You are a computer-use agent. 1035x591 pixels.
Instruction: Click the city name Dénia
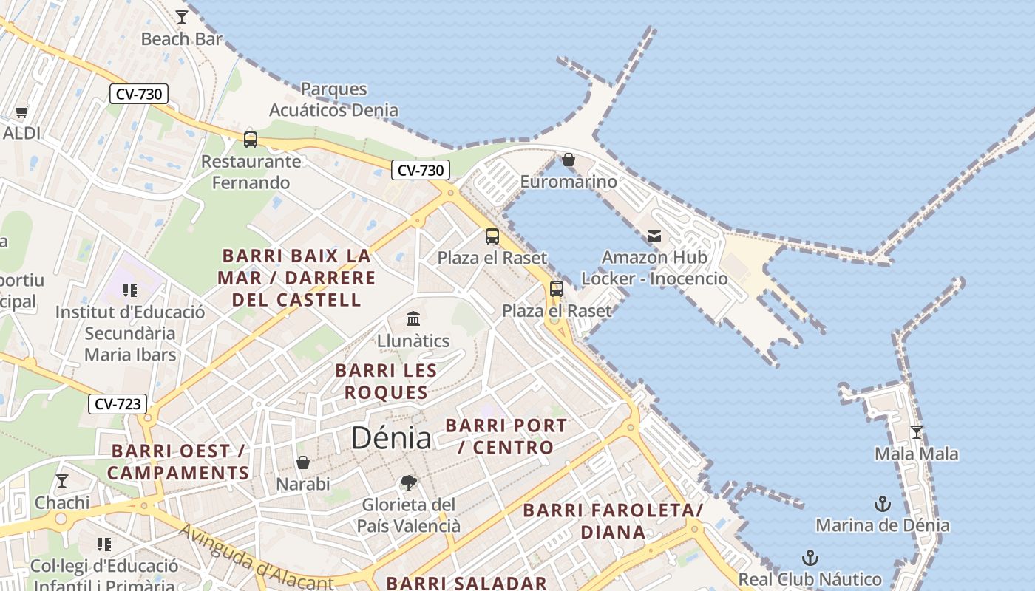click(391, 437)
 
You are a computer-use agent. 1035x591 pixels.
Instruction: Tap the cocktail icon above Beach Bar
click(182, 16)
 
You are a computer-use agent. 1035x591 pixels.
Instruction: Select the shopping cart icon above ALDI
click(21, 112)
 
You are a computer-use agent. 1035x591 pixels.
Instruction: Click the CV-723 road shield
click(118, 404)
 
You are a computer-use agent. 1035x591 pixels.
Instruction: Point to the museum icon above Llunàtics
click(413, 319)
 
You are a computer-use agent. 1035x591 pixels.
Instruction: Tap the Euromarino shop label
click(568, 182)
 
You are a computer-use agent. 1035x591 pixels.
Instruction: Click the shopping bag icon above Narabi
click(303, 463)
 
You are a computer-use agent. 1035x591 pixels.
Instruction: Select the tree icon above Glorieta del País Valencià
click(408, 484)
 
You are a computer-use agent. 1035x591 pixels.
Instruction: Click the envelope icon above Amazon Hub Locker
click(654, 236)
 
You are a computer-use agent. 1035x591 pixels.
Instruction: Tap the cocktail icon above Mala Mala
click(917, 432)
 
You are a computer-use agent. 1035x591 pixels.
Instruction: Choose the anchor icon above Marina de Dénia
click(882, 505)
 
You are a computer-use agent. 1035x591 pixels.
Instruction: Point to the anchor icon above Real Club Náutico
click(810, 558)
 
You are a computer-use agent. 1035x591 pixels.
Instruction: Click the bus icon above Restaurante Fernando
click(251, 139)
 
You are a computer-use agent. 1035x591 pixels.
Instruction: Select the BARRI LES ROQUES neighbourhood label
click(386, 381)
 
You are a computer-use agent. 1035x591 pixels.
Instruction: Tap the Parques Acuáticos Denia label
click(333, 100)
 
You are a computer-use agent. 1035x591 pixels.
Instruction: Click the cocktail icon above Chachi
click(62, 481)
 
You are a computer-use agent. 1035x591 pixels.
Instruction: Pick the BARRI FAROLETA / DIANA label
click(613, 521)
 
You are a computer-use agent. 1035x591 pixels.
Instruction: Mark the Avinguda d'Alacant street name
click(256, 557)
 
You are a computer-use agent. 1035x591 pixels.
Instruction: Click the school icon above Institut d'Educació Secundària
click(130, 290)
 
